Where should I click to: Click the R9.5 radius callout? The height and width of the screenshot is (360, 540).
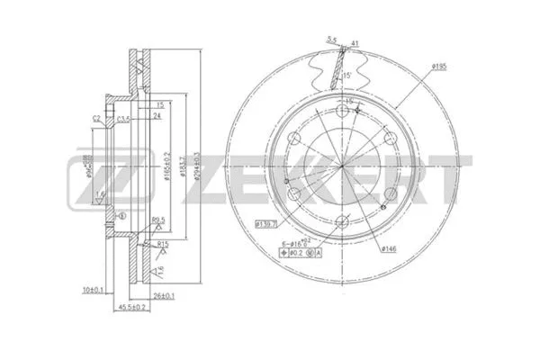[158, 219]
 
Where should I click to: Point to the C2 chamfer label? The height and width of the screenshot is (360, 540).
[96, 118]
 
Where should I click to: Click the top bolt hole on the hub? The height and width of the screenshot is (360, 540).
[339, 111]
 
